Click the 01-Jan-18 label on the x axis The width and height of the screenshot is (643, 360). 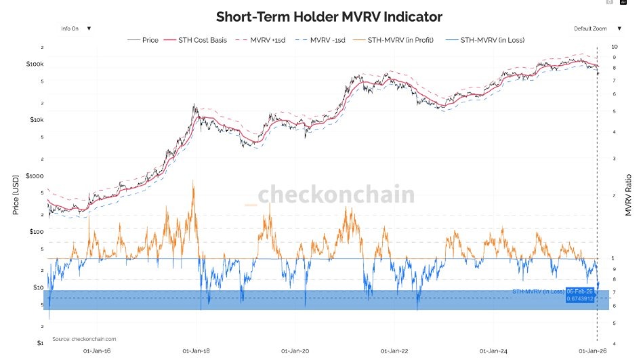196,351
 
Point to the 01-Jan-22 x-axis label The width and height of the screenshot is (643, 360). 394,351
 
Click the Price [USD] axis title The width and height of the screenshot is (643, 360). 15,194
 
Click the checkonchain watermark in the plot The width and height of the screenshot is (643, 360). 336,195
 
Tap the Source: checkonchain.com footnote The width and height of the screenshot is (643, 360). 84,338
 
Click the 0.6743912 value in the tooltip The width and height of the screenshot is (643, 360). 580,299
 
